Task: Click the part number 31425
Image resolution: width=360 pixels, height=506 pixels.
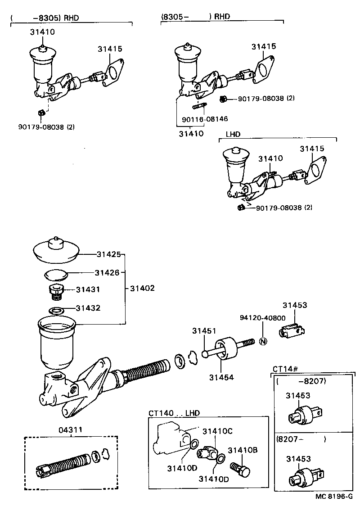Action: click(x=108, y=254)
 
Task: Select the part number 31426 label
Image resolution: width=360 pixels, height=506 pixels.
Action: click(x=107, y=272)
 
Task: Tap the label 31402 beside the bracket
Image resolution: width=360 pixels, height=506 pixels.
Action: click(x=142, y=288)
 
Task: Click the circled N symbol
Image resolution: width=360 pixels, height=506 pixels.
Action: click(x=263, y=342)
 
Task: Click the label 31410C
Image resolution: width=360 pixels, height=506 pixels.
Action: click(x=217, y=431)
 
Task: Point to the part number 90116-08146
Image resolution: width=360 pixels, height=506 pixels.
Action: click(x=205, y=119)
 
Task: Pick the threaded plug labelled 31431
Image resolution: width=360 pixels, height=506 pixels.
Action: click(x=56, y=291)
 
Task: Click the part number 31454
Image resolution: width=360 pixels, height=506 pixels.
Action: click(x=221, y=377)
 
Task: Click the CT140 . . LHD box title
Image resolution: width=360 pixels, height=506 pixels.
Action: click(x=174, y=412)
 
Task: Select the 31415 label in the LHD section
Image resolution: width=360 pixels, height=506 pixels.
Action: click(x=312, y=149)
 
